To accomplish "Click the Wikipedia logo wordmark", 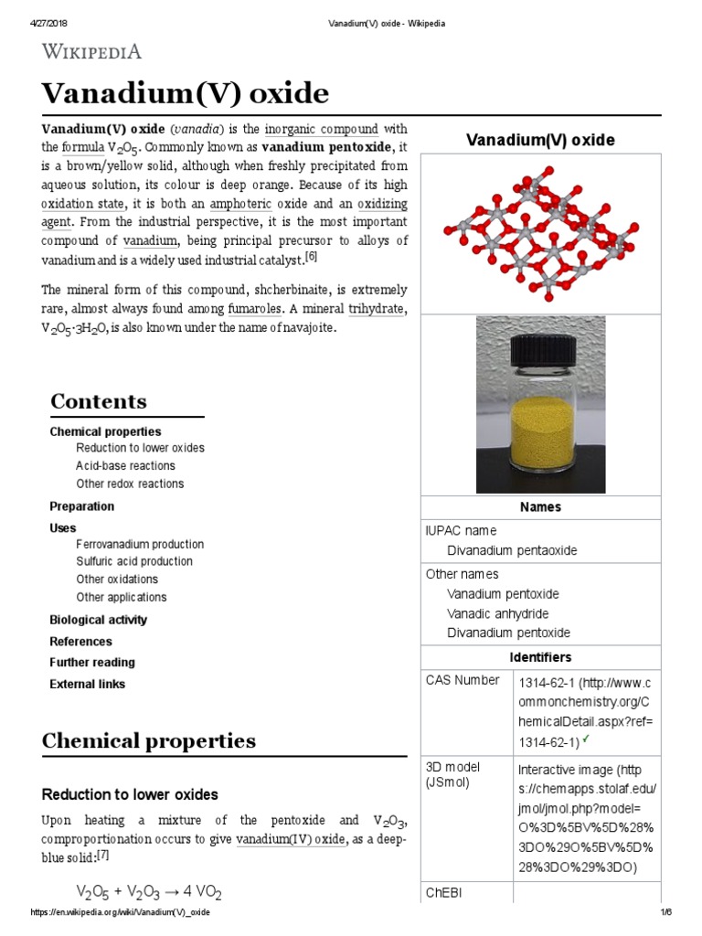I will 91,51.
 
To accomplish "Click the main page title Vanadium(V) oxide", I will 186,93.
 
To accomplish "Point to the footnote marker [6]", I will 311,258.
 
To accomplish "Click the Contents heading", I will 99,401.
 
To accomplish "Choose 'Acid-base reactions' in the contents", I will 125,466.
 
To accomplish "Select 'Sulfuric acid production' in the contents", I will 134,561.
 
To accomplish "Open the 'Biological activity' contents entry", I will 98,620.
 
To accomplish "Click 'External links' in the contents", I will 87,684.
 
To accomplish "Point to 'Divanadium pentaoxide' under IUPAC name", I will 512,550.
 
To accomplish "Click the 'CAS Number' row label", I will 463,680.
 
